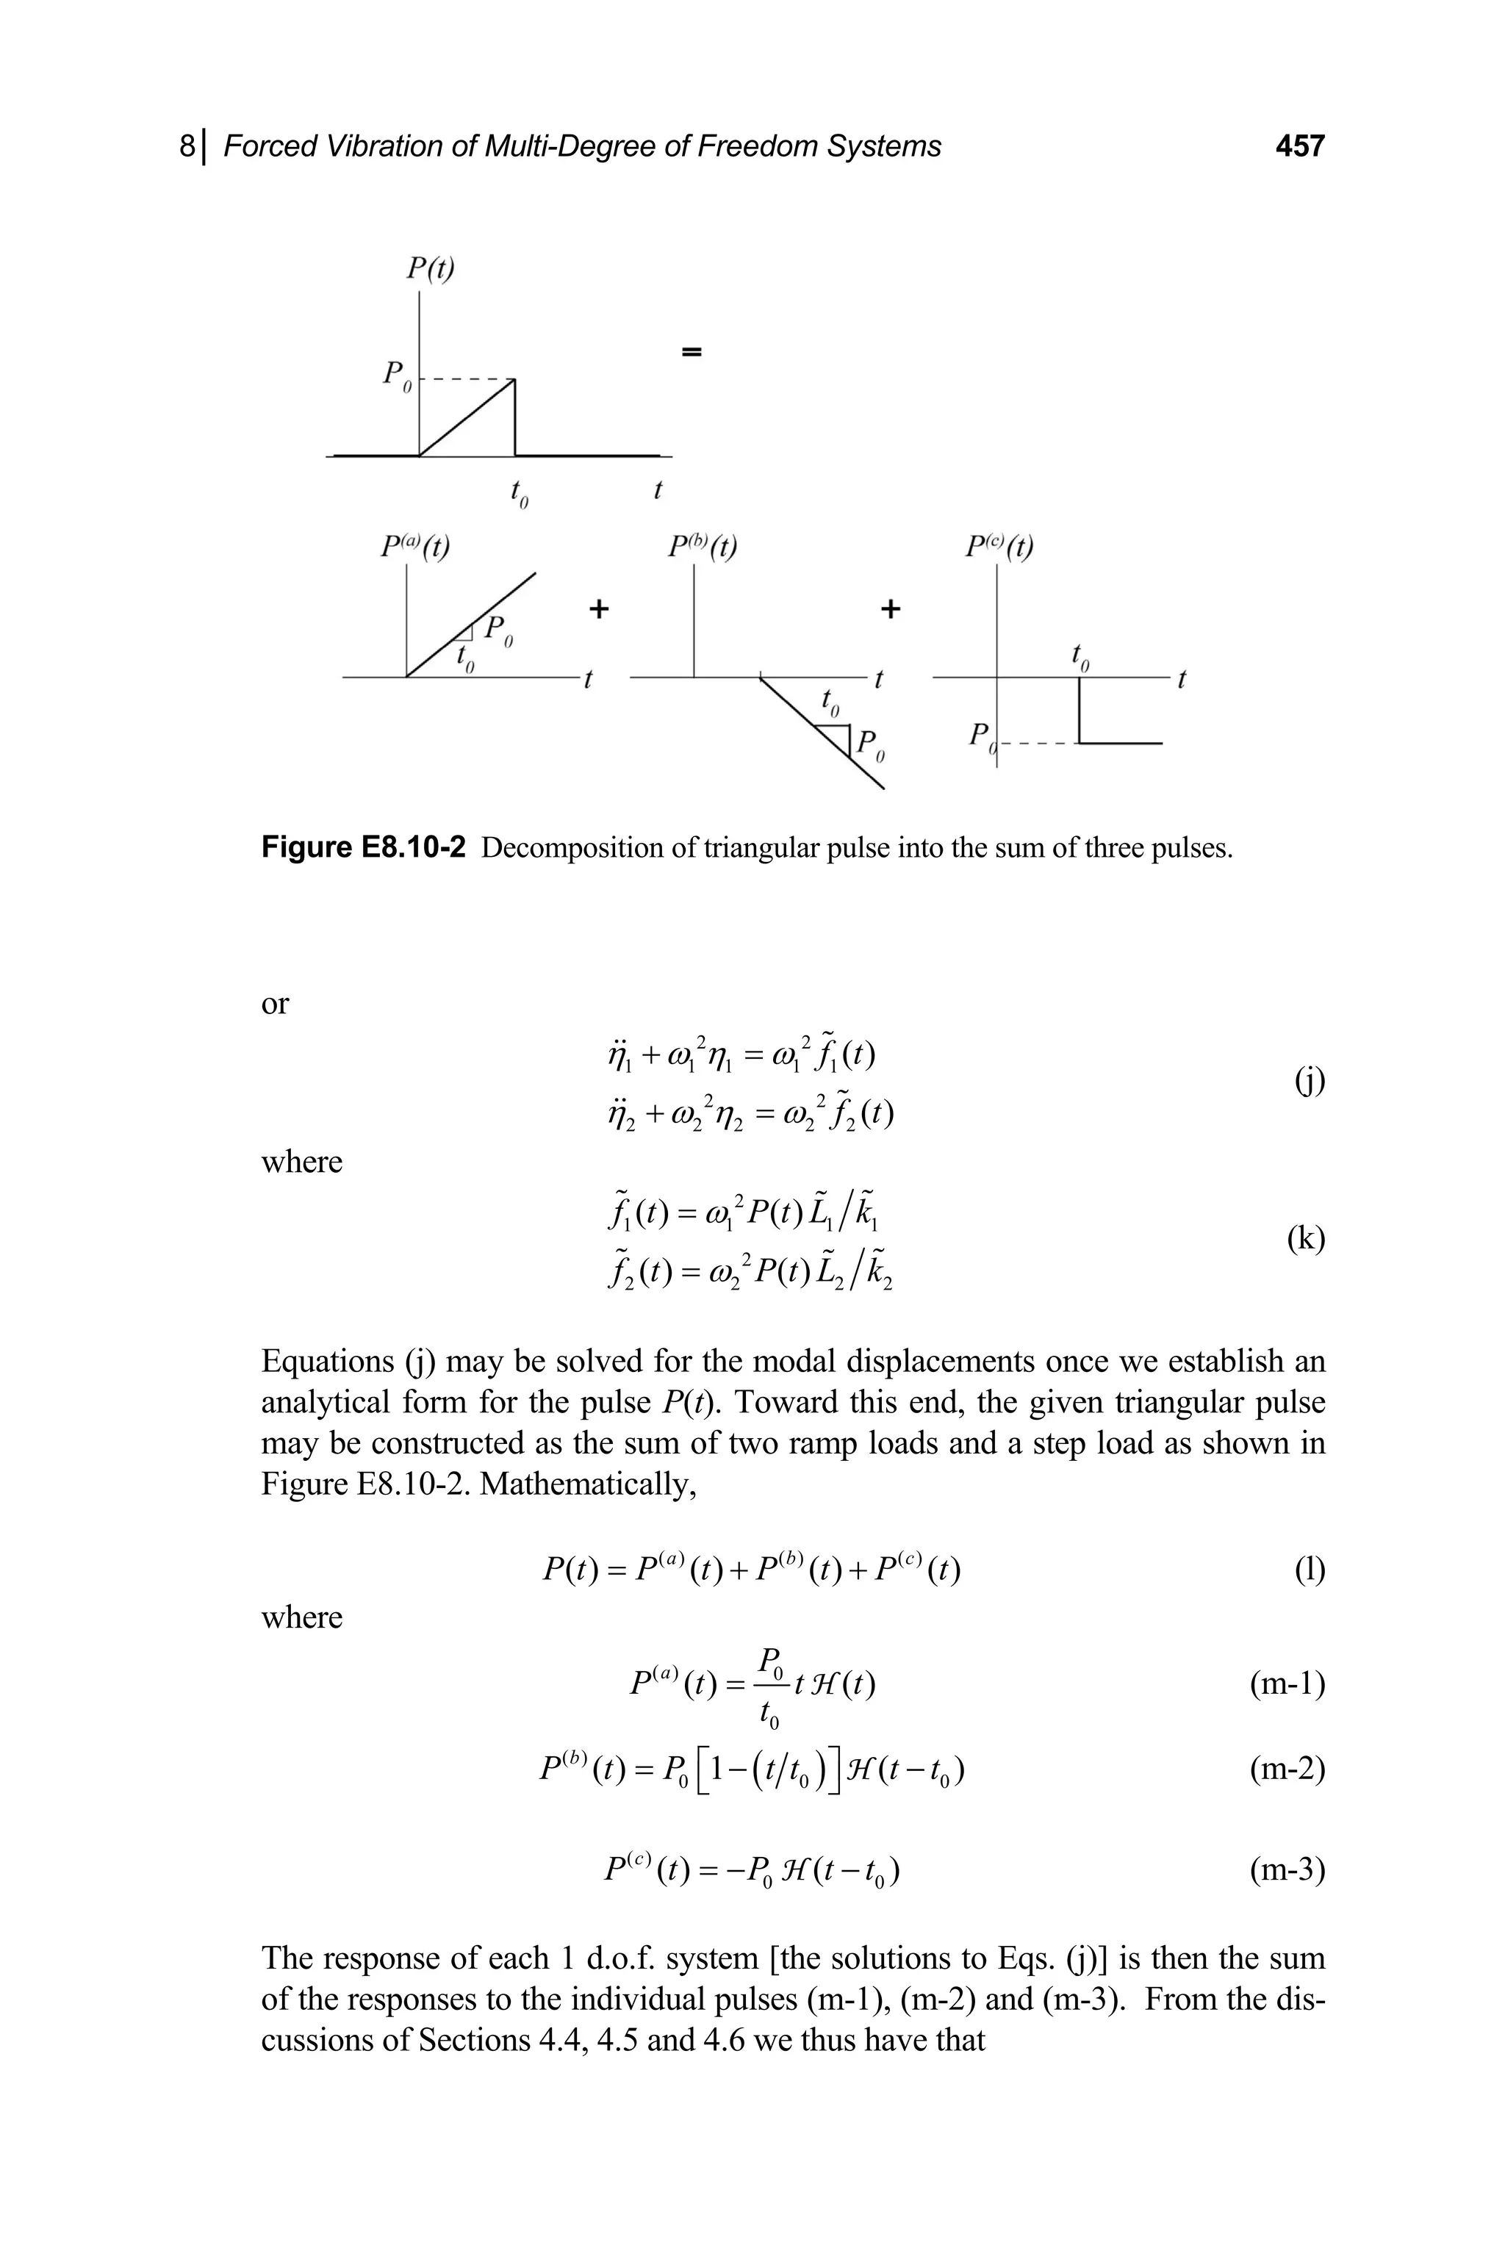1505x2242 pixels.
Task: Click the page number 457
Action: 1299,146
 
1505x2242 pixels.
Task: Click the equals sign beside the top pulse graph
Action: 691,352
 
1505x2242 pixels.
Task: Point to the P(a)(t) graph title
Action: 414,546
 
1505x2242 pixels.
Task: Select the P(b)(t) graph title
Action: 703,546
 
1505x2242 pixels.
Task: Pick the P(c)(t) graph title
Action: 999,546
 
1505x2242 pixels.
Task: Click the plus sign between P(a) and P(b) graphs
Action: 599,608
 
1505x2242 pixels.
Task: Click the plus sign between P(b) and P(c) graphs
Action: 891,608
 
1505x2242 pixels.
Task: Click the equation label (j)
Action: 1310,1081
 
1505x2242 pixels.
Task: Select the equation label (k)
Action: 1305,1239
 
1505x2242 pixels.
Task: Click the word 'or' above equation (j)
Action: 275,1004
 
